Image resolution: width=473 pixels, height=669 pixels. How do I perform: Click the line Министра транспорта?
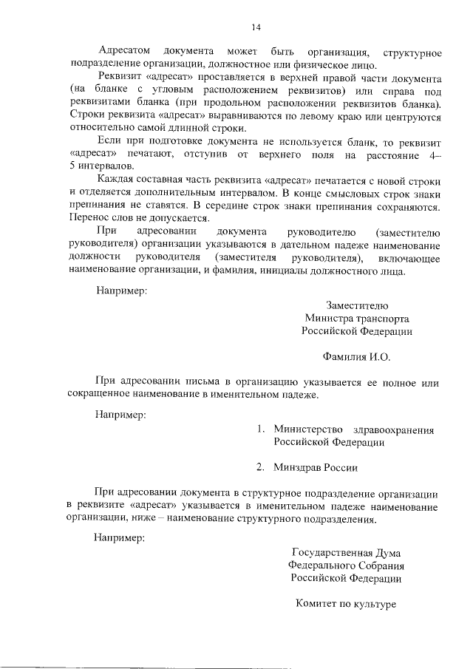point(356,319)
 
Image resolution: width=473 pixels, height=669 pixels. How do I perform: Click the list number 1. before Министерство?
point(260,429)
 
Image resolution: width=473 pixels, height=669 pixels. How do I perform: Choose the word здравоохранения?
point(392,429)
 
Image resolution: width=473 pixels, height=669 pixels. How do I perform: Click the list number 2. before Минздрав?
point(260,467)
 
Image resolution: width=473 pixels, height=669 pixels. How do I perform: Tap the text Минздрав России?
point(316,467)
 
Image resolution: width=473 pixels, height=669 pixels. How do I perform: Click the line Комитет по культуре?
point(347,604)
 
